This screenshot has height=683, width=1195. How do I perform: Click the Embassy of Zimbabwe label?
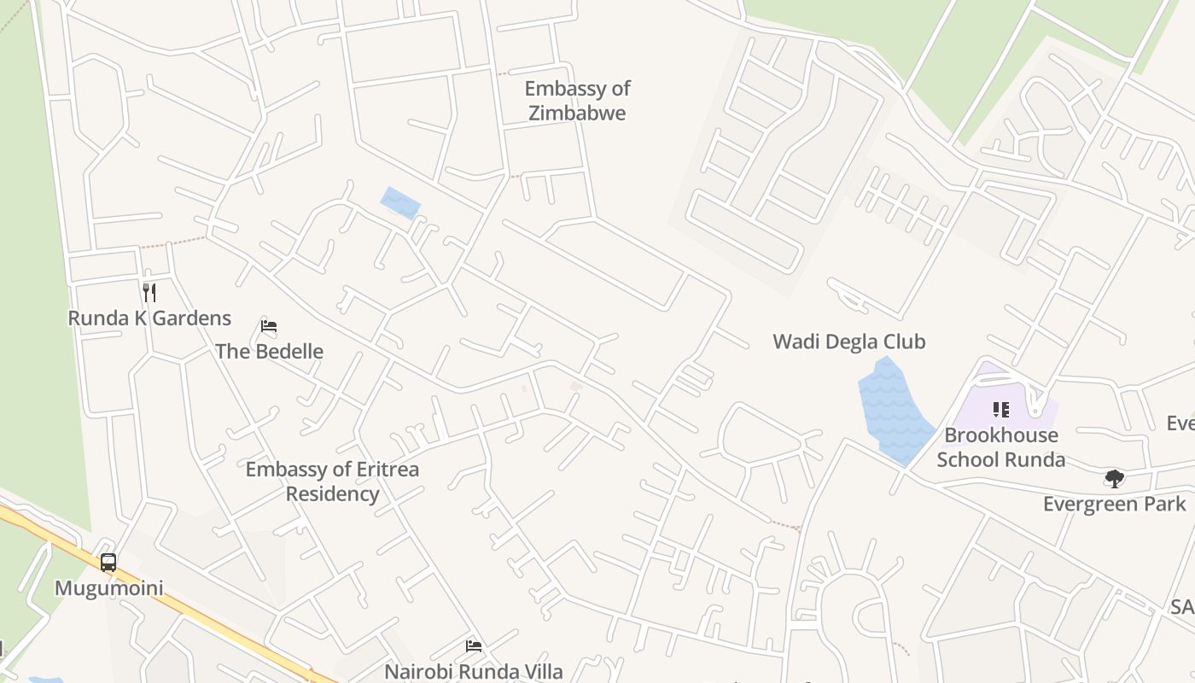click(x=577, y=101)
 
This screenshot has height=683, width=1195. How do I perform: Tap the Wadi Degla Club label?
click(x=848, y=341)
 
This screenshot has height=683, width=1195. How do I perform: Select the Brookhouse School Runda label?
click(x=1000, y=447)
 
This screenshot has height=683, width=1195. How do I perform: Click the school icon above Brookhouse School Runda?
click(x=1001, y=411)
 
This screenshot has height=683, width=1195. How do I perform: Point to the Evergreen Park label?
click(x=1114, y=504)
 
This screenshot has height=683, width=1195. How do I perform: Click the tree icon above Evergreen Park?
click(x=1114, y=478)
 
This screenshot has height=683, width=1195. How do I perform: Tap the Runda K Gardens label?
click(x=149, y=318)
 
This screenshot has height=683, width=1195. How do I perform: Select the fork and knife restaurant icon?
click(x=149, y=293)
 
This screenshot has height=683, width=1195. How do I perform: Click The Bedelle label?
click(x=269, y=351)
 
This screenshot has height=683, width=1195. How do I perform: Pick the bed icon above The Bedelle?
click(x=269, y=326)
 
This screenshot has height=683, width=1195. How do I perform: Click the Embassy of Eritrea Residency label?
click(x=332, y=482)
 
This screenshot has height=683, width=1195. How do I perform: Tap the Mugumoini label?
click(x=108, y=588)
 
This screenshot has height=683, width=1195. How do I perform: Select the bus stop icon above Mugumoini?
click(x=108, y=563)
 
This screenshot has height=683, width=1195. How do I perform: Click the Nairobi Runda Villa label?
click(x=473, y=671)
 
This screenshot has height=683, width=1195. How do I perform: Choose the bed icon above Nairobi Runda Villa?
click(x=474, y=646)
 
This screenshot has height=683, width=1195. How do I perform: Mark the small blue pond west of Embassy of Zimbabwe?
click(x=400, y=203)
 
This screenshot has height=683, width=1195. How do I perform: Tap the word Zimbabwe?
click(x=577, y=113)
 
